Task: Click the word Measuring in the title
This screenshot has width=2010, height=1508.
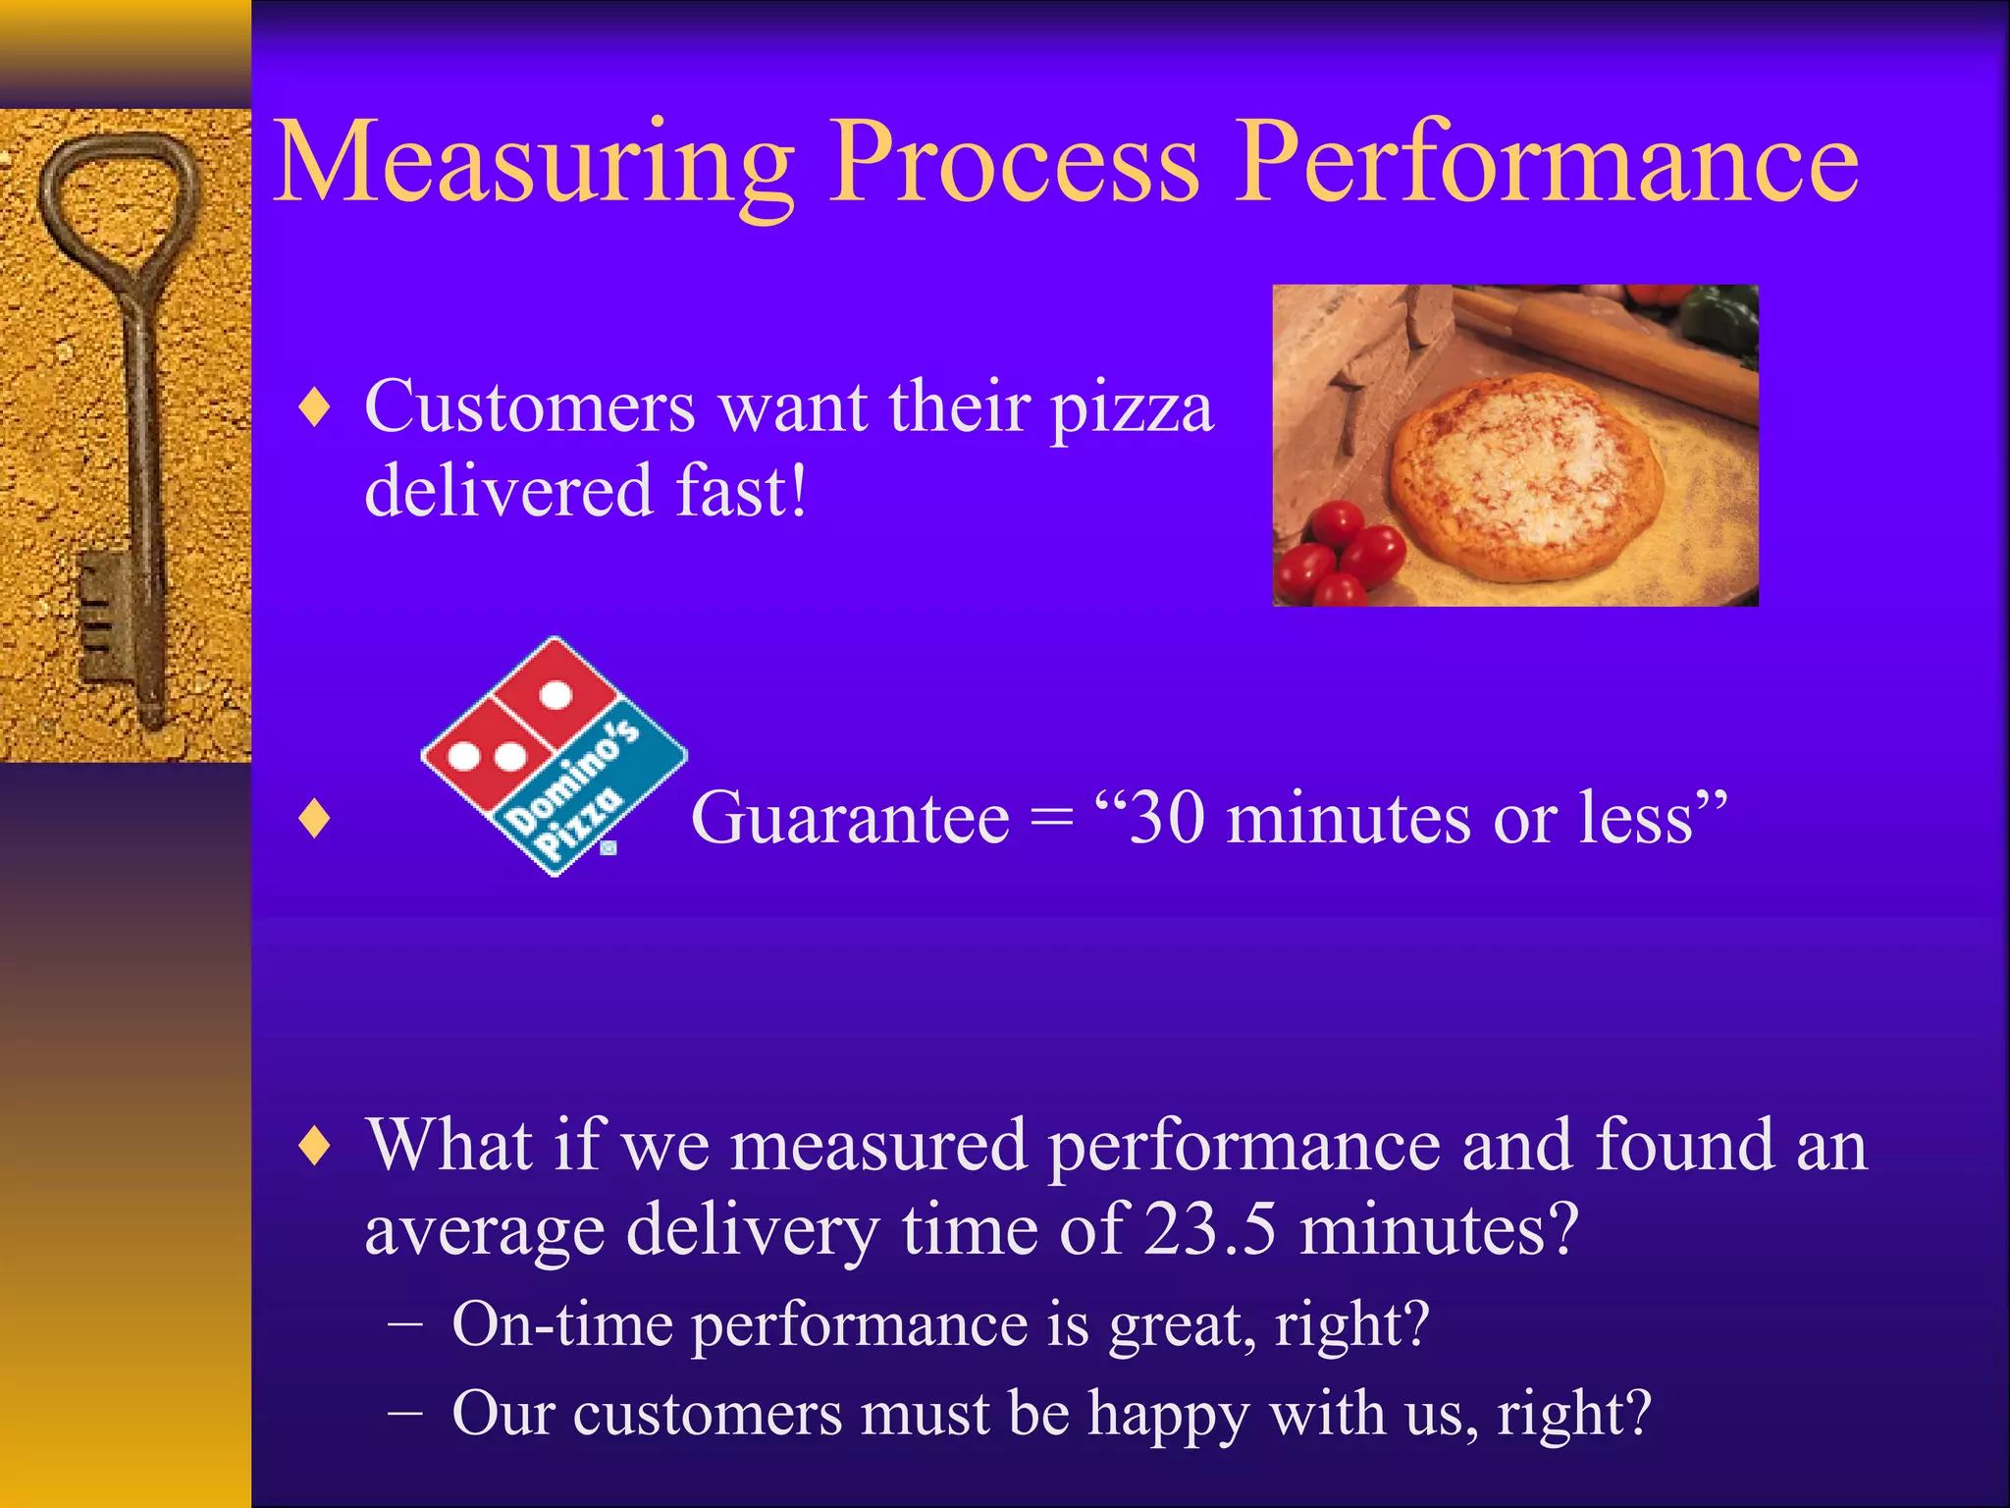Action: coord(535,162)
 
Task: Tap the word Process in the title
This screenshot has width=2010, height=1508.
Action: coord(1016,162)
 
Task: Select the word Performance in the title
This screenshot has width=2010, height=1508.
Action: coord(1546,162)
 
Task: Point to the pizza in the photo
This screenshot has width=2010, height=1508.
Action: coord(1526,476)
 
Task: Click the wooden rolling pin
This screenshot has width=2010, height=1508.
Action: coord(1610,349)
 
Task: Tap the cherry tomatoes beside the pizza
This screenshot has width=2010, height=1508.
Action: coord(1340,555)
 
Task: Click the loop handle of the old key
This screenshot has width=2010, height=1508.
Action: coord(118,196)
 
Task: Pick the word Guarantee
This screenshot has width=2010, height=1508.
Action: coord(850,818)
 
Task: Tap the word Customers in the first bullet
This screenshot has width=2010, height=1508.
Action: coord(530,407)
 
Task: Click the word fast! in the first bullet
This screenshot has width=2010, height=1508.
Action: coord(742,491)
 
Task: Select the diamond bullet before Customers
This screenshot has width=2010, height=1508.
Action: coord(314,407)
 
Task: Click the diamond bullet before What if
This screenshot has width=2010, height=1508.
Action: coord(314,1146)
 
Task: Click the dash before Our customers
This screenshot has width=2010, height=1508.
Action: coord(404,1414)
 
